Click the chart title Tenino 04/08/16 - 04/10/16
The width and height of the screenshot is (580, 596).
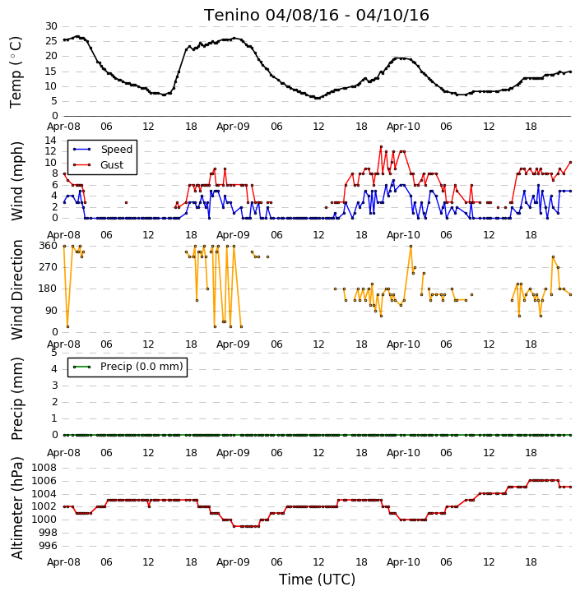[317, 15]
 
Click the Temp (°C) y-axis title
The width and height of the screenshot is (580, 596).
[16, 72]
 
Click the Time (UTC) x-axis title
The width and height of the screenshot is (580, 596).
[317, 580]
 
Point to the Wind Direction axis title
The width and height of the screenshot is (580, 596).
[16, 290]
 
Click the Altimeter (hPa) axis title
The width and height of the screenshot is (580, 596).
[16, 508]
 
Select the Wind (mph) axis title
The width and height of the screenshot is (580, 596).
[16, 181]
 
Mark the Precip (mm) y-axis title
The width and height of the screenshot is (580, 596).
[16, 399]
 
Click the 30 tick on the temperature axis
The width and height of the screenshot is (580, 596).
[51, 26]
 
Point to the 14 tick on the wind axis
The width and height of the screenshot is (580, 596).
[51, 141]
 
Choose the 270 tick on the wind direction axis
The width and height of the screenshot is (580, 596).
[49, 267]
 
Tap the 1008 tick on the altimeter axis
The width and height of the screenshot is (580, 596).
[44, 468]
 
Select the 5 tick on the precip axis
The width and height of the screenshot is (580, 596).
[54, 353]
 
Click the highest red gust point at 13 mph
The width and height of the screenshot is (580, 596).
[381, 146]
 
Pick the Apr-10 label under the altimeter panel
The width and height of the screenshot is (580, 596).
[403, 562]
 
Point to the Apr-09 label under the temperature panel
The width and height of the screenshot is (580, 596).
[233, 127]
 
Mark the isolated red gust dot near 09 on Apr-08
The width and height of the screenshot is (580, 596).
[126, 202]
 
